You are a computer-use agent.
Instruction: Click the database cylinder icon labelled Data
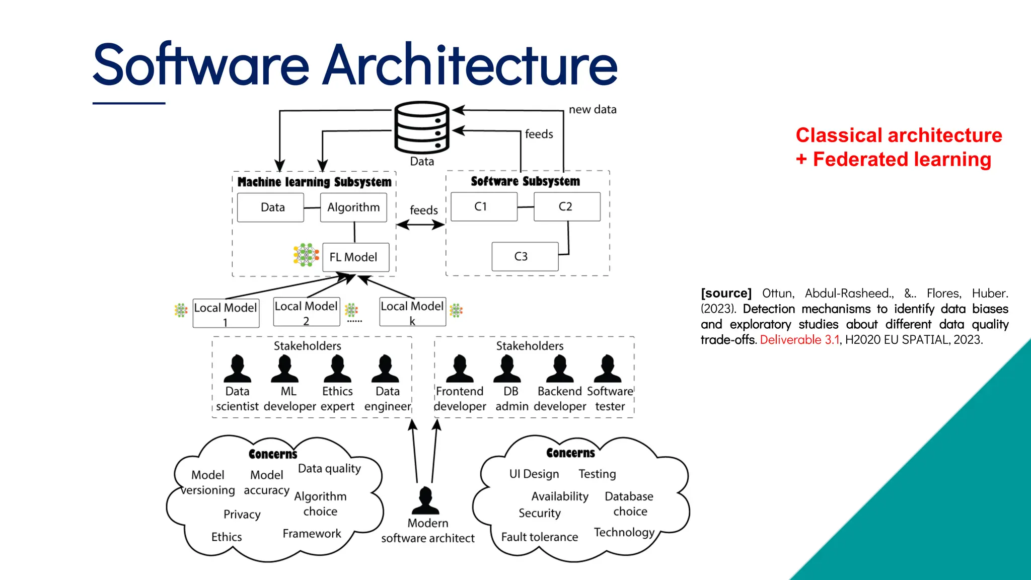click(x=422, y=127)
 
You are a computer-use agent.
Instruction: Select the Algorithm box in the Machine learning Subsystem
click(x=353, y=207)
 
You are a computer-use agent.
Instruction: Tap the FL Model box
click(x=355, y=257)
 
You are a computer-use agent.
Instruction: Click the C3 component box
click(x=525, y=257)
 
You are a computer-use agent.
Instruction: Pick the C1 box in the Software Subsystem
click(x=484, y=206)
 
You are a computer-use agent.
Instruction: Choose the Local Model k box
click(x=412, y=312)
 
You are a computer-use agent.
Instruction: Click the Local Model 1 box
click(x=226, y=313)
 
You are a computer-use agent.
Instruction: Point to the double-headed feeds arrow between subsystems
click(x=420, y=225)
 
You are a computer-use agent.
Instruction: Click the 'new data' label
click(x=592, y=109)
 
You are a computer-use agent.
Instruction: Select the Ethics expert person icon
click(x=337, y=369)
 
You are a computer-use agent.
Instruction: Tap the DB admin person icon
click(x=507, y=369)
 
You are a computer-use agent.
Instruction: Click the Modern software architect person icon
click(x=426, y=500)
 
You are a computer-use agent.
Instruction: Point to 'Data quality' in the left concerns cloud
click(x=329, y=468)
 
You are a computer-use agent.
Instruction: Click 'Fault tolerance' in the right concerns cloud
click(x=539, y=537)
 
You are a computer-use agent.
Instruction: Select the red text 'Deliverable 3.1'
click(x=799, y=340)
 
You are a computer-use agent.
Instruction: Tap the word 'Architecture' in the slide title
click(x=470, y=65)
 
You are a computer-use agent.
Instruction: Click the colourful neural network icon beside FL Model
click(x=306, y=255)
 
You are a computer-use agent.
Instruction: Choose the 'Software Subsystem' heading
click(x=525, y=181)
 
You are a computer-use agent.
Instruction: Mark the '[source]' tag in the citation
click(x=726, y=293)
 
